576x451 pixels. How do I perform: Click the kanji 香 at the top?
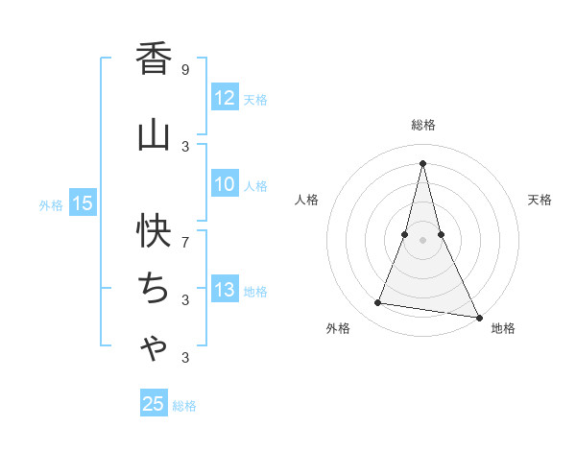click(154, 60)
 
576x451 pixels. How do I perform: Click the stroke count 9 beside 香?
click(185, 69)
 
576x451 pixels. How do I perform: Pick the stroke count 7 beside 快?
click(185, 233)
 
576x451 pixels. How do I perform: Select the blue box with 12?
click(225, 98)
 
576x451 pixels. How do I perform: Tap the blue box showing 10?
click(225, 185)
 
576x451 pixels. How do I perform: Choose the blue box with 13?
click(225, 290)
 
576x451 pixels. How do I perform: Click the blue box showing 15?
click(83, 202)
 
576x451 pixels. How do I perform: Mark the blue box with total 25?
click(154, 404)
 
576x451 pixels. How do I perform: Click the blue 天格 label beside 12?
click(255, 99)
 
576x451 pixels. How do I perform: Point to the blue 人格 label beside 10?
click(255, 186)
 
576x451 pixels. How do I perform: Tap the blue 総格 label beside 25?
click(184, 405)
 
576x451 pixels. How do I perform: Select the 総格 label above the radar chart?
click(423, 125)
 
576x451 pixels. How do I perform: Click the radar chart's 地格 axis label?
click(503, 328)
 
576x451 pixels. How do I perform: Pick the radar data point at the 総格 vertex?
click(423, 163)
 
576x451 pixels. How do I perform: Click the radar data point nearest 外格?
click(378, 303)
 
